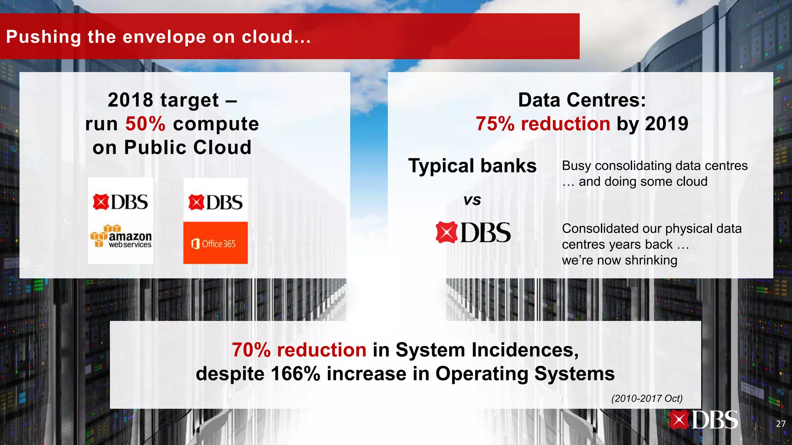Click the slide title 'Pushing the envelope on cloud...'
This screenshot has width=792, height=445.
[159, 37]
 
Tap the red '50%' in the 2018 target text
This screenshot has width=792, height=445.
[145, 124]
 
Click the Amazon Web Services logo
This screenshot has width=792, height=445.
[121, 236]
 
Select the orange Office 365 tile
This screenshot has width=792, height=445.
[215, 243]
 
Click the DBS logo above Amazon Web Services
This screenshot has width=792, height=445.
[121, 202]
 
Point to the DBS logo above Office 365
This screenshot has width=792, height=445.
[215, 202]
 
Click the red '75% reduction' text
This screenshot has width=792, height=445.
[543, 124]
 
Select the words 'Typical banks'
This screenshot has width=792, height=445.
[472, 166]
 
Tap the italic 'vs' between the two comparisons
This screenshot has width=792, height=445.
[472, 200]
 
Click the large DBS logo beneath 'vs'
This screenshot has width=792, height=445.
[473, 233]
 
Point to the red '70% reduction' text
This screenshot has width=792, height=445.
[299, 350]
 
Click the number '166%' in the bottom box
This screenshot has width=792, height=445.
[295, 374]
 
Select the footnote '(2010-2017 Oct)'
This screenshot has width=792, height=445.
[647, 398]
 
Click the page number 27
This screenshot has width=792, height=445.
[780, 424]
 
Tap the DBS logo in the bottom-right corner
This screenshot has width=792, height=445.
[703, 420]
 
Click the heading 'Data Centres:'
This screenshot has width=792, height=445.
[582, 100]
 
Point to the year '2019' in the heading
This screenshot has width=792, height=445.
[667, 124]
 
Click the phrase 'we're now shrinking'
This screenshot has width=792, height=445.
[620, 260]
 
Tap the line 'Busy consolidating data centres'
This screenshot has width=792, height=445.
[655, 166]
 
